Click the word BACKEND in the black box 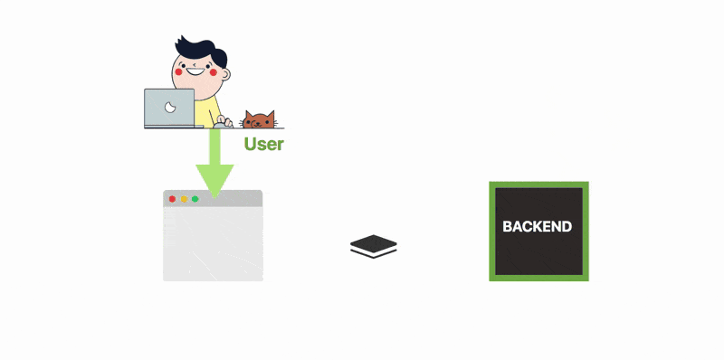point(538,227)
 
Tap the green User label point(263,144)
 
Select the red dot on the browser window point(172,199)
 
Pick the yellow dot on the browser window point(184,199)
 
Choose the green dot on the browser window point(195,199)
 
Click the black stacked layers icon point(374,245)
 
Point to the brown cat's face point(258,120)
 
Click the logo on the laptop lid point(169,107)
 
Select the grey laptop point(169,108)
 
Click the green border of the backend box point(492,231)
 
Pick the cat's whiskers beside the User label point(275,123)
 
